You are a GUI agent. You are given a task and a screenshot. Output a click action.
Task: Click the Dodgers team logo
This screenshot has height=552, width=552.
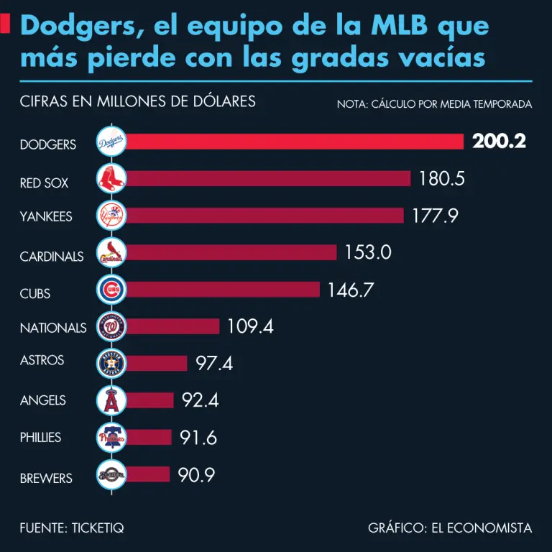[111, 142]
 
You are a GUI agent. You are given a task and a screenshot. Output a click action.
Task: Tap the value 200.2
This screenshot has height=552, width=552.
[499, 142]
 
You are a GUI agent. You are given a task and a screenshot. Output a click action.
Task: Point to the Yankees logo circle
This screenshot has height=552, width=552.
[111, 215]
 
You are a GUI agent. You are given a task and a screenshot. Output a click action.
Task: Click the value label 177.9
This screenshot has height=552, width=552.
[435, 216]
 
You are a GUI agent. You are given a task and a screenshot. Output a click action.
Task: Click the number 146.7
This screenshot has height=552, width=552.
[351, 290]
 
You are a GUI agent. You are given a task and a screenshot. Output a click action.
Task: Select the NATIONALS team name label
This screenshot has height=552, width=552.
[53, 328]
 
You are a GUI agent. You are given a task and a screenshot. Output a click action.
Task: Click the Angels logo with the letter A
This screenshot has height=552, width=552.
[111, 400]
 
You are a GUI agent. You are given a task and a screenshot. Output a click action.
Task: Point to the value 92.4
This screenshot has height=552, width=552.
[200, 400]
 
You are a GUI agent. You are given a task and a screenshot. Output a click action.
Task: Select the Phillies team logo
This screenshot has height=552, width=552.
[111, 437]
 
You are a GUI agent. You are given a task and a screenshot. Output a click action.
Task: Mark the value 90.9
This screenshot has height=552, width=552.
[196, 475]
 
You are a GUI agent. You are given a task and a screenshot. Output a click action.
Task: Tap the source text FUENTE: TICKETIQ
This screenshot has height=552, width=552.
[72, 528]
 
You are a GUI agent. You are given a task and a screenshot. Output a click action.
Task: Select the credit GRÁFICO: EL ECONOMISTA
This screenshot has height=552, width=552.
[450, 528]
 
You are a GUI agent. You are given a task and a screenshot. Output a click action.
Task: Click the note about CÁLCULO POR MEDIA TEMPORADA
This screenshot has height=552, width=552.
[434, 104]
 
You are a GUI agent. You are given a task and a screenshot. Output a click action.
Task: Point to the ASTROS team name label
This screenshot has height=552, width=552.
[42, 360]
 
